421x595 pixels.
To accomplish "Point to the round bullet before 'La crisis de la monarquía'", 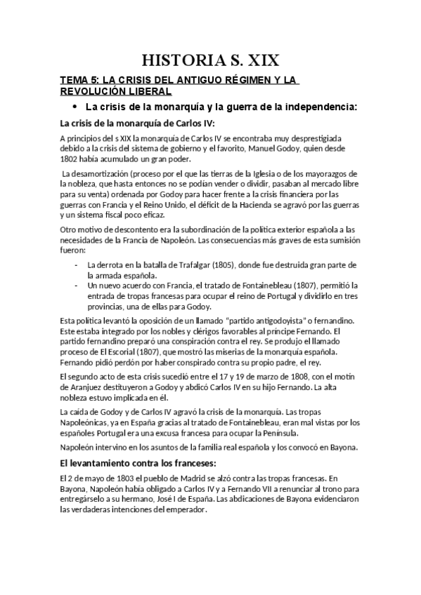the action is [75, 107].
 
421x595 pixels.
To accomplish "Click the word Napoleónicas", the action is [89, 422].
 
